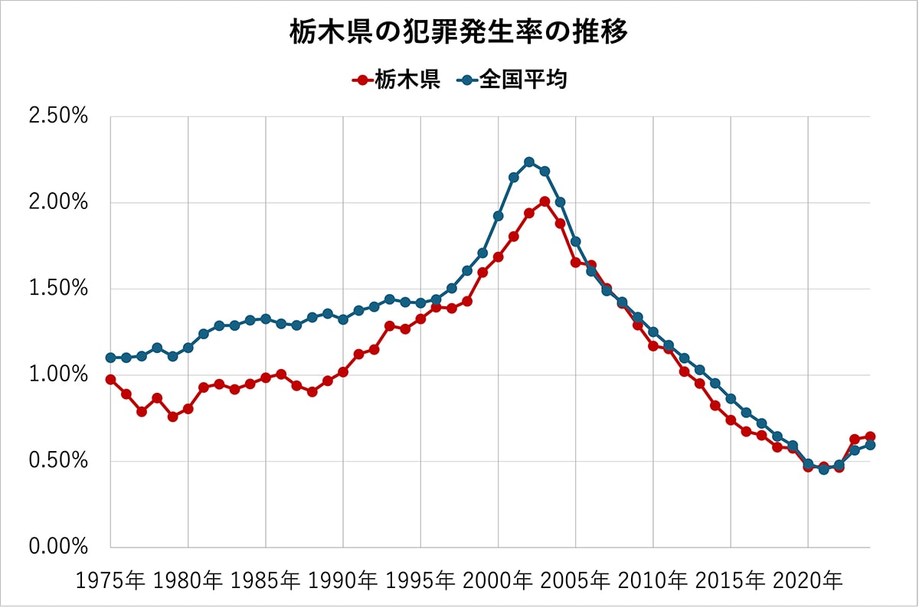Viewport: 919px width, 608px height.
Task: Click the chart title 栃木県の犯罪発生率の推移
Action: (459, 33)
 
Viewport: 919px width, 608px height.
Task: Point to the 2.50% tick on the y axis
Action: (58, 117)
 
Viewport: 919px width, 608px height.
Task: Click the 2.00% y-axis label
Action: (58, 203)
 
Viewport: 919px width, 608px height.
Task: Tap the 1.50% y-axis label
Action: (58, 289)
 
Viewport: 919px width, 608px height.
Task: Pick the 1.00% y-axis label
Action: (58, 375)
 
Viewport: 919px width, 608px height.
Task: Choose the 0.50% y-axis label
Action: (58, 461)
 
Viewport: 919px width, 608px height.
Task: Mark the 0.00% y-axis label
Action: (58, 547)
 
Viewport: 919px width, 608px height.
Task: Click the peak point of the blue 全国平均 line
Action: (529, 162)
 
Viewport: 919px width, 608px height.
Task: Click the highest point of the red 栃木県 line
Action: (545, 201)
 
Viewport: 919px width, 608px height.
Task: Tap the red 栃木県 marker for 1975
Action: (110, 380)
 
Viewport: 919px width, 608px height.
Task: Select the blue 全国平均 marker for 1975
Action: (110, 358)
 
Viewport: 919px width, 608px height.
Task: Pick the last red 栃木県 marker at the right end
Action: (870, 436)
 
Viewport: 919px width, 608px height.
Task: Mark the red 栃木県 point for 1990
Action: (343, 372)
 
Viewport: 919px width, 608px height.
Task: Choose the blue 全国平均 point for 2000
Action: (498, 216)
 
